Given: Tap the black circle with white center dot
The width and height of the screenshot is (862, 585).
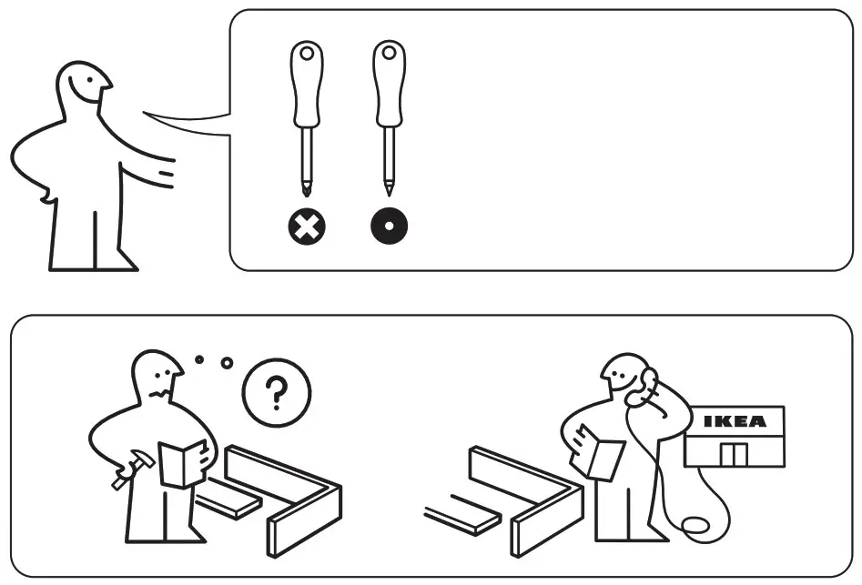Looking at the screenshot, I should click(390, 227).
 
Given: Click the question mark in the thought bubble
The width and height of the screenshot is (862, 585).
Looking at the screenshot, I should click(276, 393).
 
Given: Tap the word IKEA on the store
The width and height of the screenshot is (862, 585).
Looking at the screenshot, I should click(735, 421).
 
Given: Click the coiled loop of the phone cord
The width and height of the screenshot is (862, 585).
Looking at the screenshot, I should click(695, 527).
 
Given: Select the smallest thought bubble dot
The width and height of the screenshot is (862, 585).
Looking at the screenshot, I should click(199, 358).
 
